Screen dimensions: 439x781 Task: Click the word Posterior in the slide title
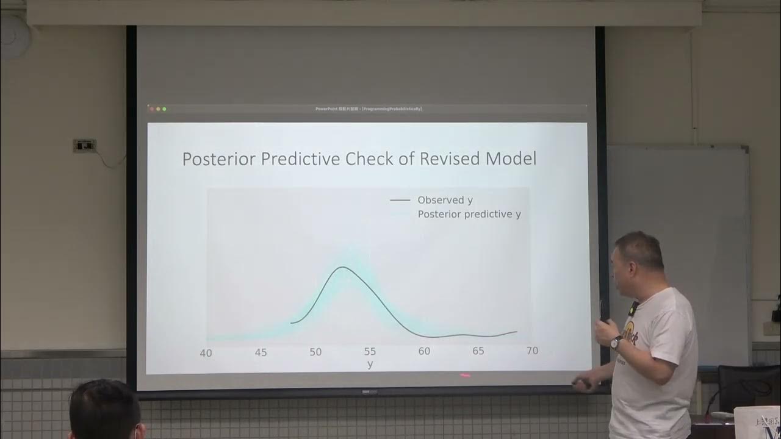coord(219,159)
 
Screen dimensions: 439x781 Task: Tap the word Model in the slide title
coord(511,159)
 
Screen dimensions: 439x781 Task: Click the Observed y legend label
coord(445,200)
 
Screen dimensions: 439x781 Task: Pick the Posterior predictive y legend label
coord(469,215)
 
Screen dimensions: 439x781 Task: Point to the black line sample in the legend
coord(400,200)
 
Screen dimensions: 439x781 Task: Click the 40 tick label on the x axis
coord(206,353)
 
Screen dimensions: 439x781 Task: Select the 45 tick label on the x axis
coord(261,352)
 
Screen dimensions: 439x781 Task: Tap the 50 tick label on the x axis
coord(315,352)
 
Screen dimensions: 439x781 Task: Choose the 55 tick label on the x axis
coord(370,352)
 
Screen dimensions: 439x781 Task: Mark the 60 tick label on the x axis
coord(424,351)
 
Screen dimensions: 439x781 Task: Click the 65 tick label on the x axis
coord(478,351)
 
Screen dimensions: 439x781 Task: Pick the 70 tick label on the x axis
coord(532,351)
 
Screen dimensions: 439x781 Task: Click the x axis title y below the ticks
coord(370,364)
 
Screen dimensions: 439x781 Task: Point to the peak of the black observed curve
coord(342,267)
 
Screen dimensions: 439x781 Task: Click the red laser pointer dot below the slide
coord(465,376)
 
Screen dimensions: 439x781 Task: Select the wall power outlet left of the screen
coord(85,146)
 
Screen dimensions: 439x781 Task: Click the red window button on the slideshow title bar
coord(152,109)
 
